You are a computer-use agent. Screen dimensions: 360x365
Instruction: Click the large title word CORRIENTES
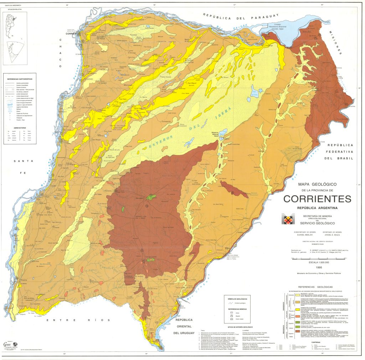tap(317, 199)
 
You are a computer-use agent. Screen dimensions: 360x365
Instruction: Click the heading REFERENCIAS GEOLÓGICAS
tap(315, 287)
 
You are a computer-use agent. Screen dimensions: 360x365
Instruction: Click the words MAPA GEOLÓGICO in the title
tap(318, 184)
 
